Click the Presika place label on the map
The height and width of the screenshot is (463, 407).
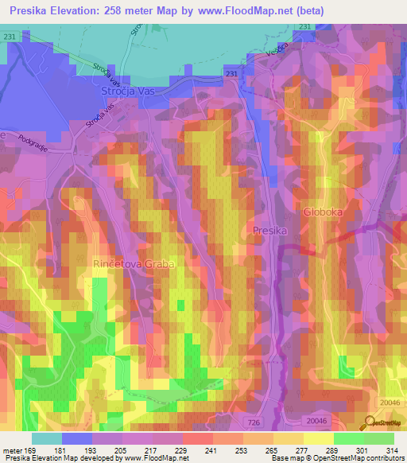click(268, 230)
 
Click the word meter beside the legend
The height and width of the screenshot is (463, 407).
click(14, 450)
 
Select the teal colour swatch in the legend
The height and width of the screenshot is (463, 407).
click(47, 438)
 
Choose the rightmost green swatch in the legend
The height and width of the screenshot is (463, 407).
click(379, 438)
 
